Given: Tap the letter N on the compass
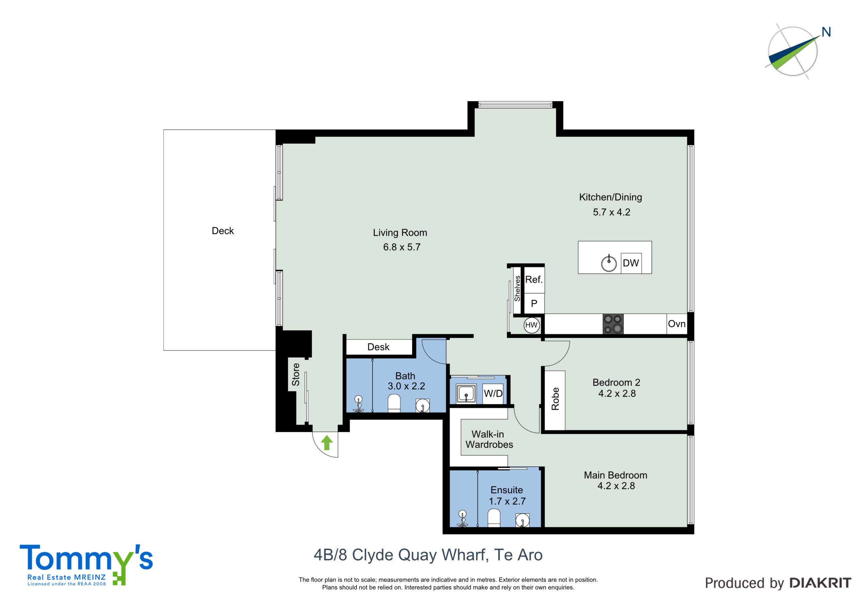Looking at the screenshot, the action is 826,32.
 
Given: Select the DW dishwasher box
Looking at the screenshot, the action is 631,263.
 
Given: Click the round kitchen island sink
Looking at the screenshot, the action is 609,263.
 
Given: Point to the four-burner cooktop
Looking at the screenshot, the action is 613,324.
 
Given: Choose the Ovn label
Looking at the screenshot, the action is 677,324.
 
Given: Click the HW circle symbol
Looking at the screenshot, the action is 531,325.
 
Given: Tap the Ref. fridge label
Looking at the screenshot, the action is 534,279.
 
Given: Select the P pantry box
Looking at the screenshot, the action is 534,303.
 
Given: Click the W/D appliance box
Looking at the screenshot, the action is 493,393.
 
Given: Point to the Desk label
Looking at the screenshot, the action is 378,347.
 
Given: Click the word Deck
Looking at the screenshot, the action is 223,231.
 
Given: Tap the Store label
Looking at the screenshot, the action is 296,375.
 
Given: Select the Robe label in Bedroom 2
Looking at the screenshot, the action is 555,399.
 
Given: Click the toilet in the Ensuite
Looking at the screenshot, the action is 494,518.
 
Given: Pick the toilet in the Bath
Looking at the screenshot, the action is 394,404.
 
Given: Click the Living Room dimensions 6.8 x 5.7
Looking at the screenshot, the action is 402,247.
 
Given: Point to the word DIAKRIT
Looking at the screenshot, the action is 821,583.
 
